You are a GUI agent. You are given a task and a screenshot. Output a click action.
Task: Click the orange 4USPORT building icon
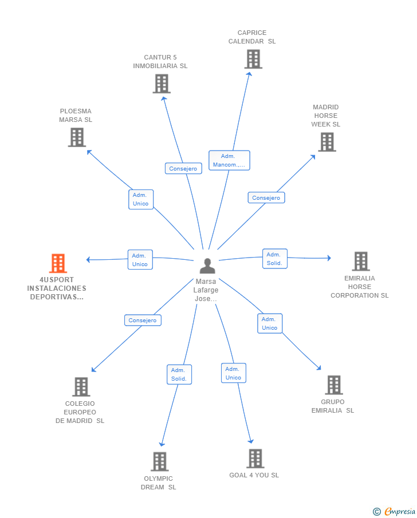pyautogui.click(x=58, y=263)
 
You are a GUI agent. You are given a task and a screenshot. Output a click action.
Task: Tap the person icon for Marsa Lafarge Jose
pyautogui.click(x=207, y=266)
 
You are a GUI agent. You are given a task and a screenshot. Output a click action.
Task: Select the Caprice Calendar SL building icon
pyautogui.click(x=253, y=59)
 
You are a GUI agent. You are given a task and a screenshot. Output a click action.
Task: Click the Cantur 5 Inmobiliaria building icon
pyautogui.click(x=162, y=84)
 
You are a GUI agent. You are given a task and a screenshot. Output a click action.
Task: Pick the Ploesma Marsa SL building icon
pyautogui.click(x=77, y=137)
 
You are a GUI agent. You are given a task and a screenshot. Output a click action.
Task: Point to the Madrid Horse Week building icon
pyautogui.click(x=326, y=142)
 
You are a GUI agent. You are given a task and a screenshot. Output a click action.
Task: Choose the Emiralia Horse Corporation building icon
pyautogui.click(x=360, y=261)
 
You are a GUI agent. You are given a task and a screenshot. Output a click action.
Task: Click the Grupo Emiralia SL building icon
pyautogui.click(x=333, y=385)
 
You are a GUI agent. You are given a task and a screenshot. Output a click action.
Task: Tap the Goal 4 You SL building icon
pyautogui.click(x=255, y=458)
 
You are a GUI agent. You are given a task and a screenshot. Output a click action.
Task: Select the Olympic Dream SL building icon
pyautogui.click(x=159, y=461)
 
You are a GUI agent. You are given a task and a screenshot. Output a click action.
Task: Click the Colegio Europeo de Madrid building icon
pyautogui.click(x=81, y=387)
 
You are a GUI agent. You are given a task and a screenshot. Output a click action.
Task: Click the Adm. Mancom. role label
pyautogui.click(x=229, y=160)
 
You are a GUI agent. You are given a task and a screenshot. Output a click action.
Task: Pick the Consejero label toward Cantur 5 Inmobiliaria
pyautogui.click(x=183, y=168)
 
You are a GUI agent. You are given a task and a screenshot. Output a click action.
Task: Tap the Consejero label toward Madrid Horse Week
pyautogui.click(x=266, y=197)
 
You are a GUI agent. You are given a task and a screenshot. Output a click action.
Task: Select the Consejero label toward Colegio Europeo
pyautogui.click(x=143, y=320)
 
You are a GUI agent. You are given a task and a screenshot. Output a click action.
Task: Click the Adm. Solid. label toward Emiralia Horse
pyautogui.click(x=274, y=259)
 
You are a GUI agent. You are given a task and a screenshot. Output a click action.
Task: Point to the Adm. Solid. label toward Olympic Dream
pyautogui.click(x=179, y=374)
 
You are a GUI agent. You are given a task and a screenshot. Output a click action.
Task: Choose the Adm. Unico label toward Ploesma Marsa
pyautogui.click(x=140, y=199)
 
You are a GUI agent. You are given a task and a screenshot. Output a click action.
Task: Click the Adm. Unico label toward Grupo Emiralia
pyautogui.click(x=269, y=323)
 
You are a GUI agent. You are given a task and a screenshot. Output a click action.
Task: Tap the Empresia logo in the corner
pyautogui.click(x=394, y=511)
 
